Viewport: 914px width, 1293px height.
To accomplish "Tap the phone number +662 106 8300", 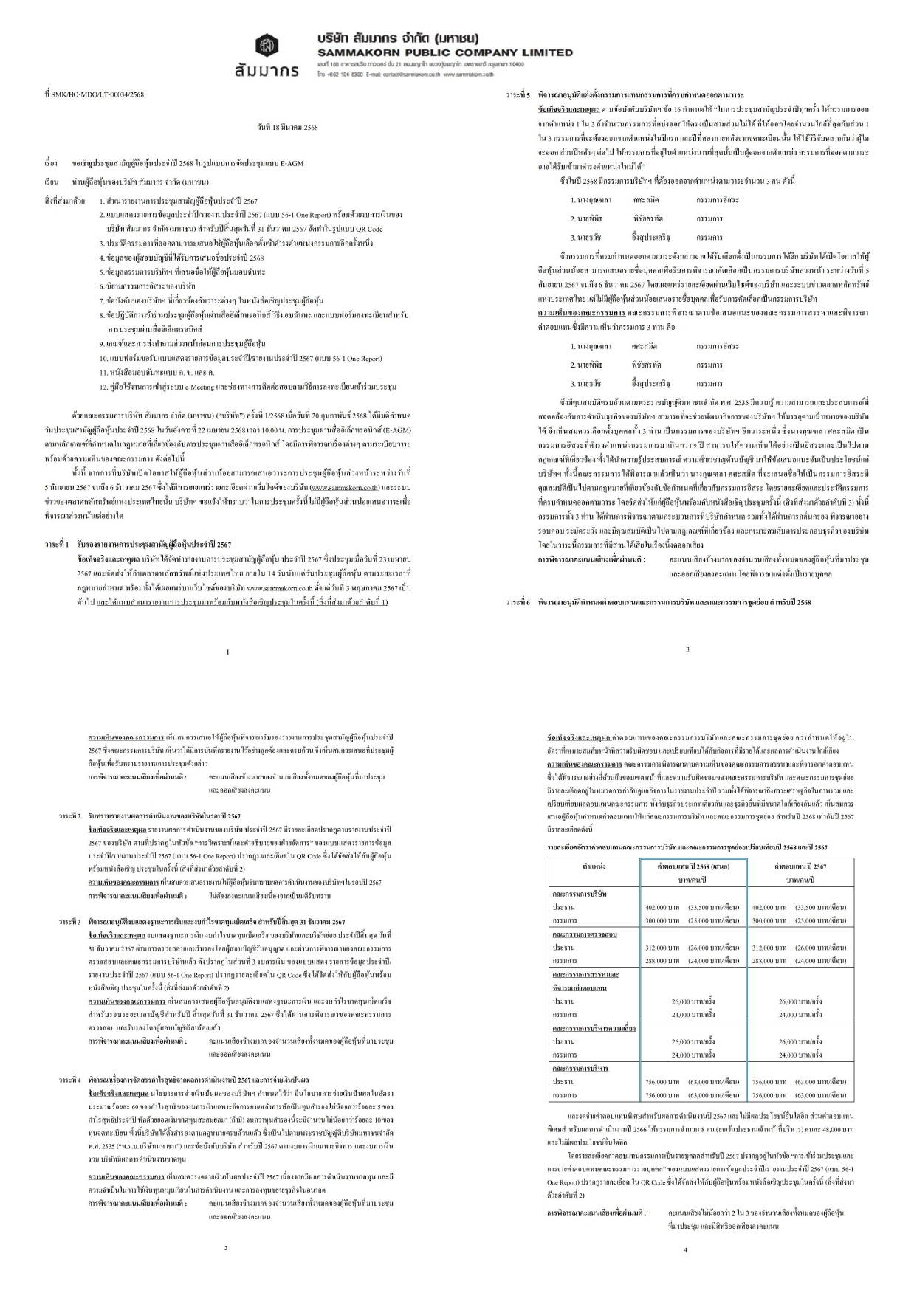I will pyautogui.click(x=341, y=75).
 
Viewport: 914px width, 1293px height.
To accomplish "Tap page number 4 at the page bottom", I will pyautogui.click(x=685, y=1249).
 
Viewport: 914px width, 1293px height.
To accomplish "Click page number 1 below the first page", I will pyautogui.click(x=227, y=652).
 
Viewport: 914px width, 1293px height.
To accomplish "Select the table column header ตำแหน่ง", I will pyautogui.click(x=594, y=866).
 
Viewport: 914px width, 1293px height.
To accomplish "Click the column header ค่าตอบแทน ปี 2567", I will pyautogui.click(x=800, y=866).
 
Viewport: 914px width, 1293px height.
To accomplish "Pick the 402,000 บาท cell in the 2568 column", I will pyautogui.click(x=662, y=907).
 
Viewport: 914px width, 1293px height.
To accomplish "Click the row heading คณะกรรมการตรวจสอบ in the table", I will pyautogui.click(x=583, y=934).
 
